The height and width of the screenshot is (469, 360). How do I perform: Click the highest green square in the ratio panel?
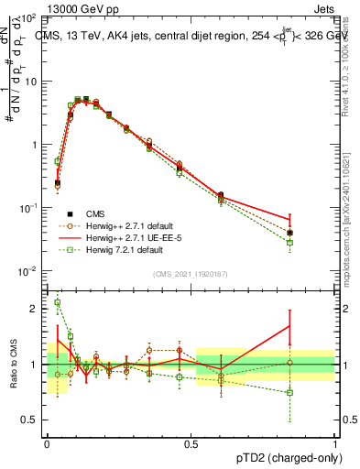click(x=58, y=302)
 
